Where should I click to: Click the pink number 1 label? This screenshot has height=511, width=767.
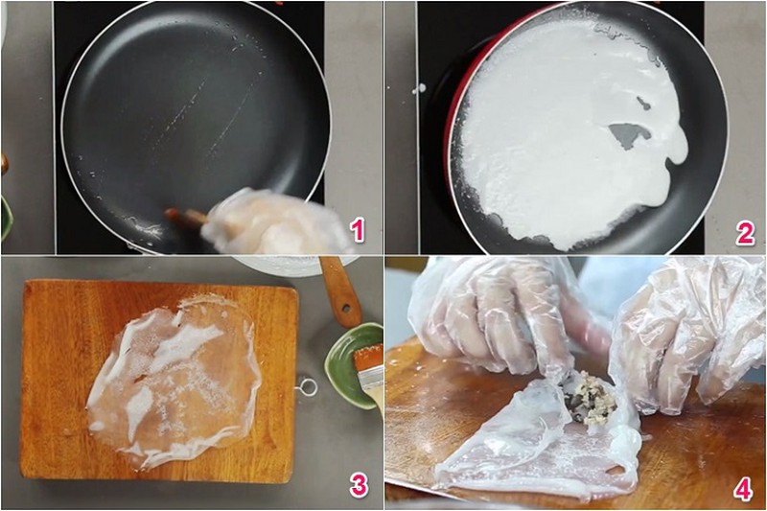[x=358, y=230]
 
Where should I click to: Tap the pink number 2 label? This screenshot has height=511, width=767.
[x=745, y=233]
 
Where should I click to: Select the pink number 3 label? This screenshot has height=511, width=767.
[x=359, y=485]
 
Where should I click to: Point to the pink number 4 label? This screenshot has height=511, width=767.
[x=744, y=488]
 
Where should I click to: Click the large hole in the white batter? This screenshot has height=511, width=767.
[x=627, y=135]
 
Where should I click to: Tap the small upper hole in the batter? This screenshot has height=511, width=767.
[x=644, y=103]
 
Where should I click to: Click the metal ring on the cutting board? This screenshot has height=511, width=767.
[x=307, y=387]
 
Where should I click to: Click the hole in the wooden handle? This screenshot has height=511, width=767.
[x=346, y=308]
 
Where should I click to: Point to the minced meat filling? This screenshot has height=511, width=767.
[x=590, y=396]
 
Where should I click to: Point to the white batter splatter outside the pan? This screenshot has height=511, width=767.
[x=418, y=89]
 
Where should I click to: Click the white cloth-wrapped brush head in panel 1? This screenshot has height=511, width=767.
[x=274, y=222]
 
